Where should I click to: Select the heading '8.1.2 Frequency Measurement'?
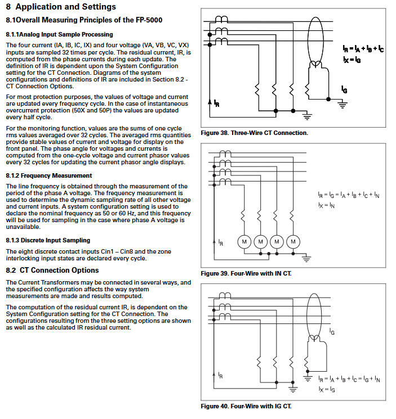(49, 176)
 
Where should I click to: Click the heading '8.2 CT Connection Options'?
(52, 271)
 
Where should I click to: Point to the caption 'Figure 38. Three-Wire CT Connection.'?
(255, 133)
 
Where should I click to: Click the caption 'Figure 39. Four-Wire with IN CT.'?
(246, 273)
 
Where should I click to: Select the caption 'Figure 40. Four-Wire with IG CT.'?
(246, 406)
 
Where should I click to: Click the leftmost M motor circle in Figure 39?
(244, 242)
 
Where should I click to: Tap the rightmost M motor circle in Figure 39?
(292, 242)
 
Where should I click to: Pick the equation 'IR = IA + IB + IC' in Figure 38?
(363, 49)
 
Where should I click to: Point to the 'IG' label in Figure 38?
(344, 90)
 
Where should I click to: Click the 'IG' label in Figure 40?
(332, 333)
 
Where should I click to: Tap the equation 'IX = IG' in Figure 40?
(326, 389)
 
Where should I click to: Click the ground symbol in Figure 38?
(307, 117)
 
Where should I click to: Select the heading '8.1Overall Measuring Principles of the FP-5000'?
(84, 20)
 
